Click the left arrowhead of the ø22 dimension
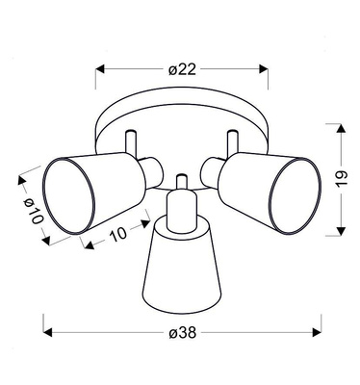pyautogui.click(x=98, y=68)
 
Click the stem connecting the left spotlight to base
pyautogui.click(x=131, y=140)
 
